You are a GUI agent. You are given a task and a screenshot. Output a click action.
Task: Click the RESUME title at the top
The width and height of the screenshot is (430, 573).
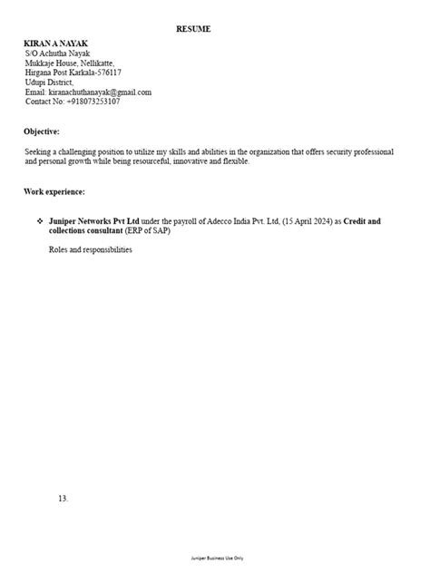(x=192, y=30)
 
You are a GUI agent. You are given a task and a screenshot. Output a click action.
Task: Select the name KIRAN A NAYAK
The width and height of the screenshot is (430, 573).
(x=57, y=44)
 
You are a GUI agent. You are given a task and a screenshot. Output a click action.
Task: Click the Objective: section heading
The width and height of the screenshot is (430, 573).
(x=42, y=131)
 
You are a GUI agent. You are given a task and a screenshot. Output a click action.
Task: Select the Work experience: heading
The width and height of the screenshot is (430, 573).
(x=54, y=192)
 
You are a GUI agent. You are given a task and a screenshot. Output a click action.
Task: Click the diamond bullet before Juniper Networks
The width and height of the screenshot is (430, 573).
(x=40, y=221)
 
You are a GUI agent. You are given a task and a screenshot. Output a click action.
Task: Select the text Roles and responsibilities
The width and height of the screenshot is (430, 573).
(x=91, y=250)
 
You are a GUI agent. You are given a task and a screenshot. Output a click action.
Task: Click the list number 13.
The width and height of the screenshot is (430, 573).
(x=63, y=499)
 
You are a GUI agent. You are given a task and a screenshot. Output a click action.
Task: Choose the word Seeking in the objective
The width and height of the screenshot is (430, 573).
(x=39, y=151)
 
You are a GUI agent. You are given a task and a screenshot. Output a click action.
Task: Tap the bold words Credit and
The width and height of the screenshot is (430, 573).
(x=362, y=221)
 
